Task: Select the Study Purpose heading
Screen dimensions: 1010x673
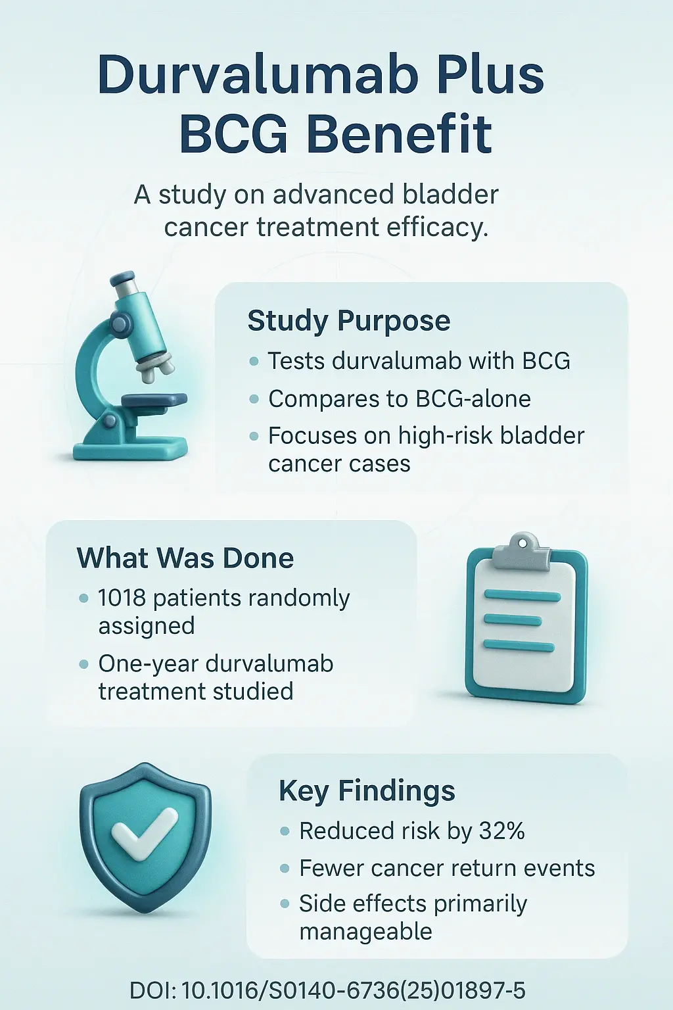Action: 348,321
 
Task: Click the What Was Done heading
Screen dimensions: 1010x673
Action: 185,558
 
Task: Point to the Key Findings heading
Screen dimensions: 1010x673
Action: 367,790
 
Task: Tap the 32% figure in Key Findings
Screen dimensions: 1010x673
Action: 502,831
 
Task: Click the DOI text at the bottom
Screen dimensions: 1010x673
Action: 327,990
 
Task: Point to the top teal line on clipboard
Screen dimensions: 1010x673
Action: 522,596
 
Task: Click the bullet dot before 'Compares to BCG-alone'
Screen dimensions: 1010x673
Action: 254,399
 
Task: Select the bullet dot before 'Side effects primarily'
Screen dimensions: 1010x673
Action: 285,904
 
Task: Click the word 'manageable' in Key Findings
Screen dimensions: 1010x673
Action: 365,932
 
